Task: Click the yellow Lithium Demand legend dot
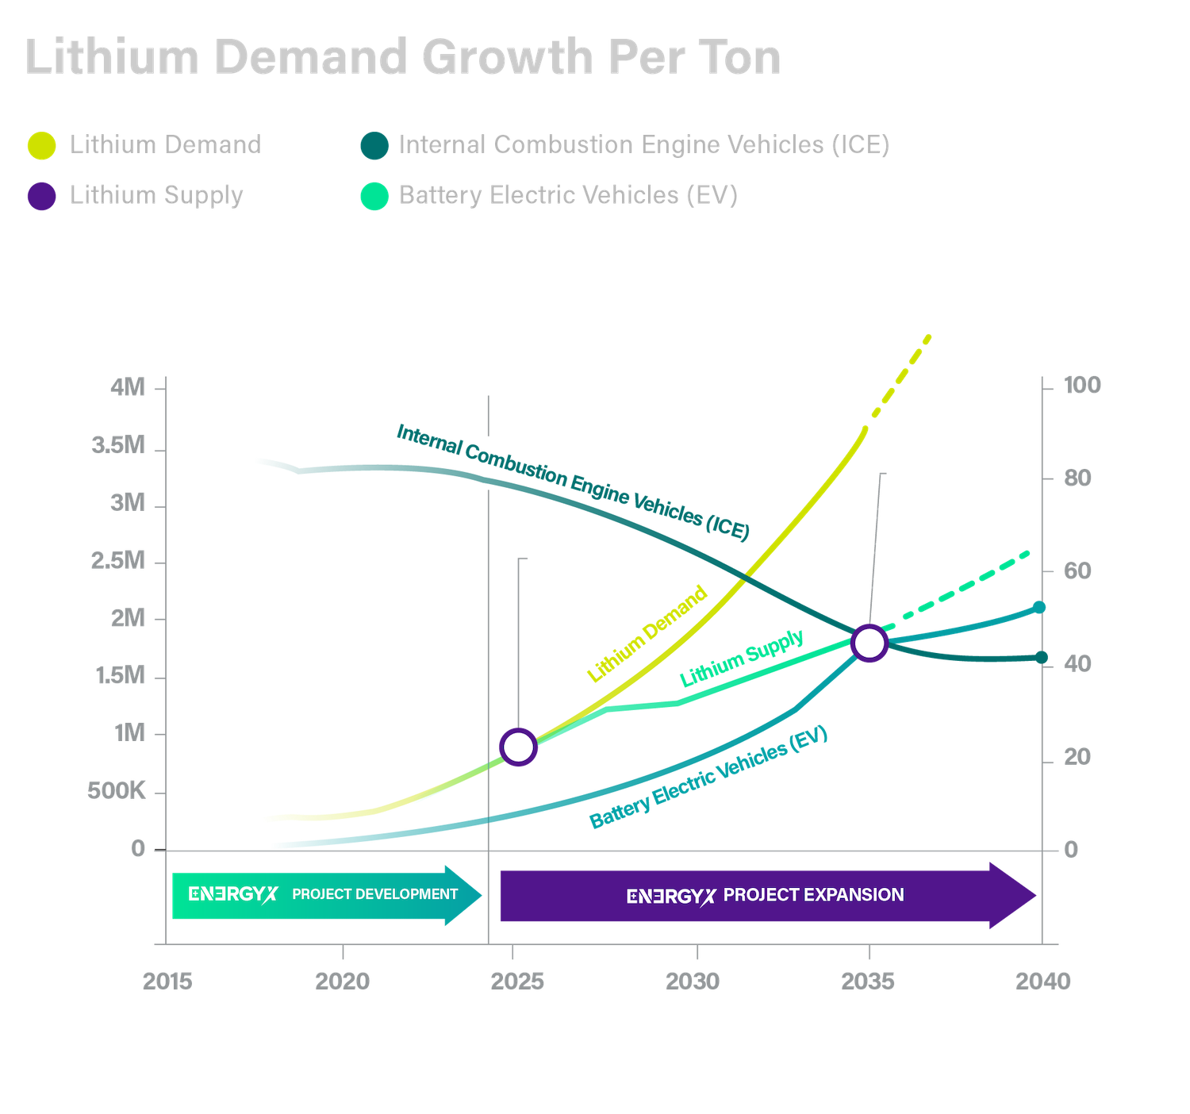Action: (41, 145)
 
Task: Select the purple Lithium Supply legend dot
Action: (41, 196)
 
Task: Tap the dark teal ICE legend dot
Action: (374, 145)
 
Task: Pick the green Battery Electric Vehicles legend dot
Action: (374, 196)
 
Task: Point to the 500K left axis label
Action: (117, 791)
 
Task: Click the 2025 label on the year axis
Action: (517, 981)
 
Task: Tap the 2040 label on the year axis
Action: (1043, 981)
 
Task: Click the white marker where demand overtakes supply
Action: (519, 747)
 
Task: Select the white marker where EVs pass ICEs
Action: (869, 643)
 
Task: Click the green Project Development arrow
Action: (325, 895)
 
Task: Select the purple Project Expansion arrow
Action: (766, 896)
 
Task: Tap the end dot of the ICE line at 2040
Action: (1042, 657)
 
